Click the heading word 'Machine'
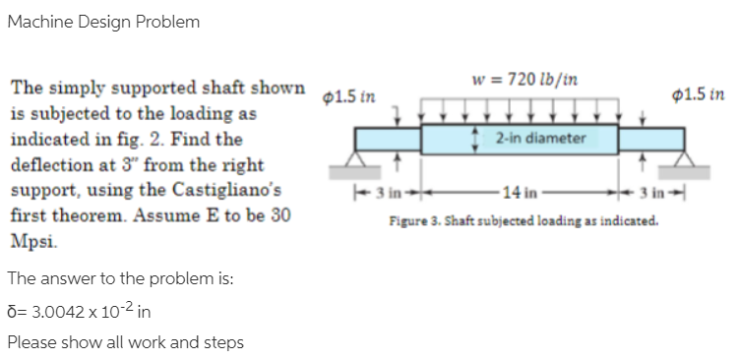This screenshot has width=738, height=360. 37,22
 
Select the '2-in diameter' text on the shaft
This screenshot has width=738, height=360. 541,138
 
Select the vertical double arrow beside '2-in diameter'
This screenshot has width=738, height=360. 476,138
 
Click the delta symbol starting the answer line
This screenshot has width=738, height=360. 11,310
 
